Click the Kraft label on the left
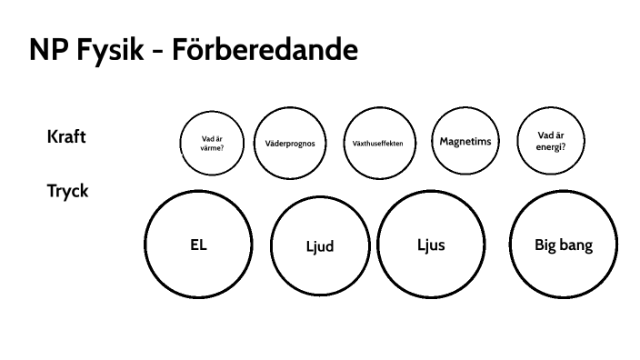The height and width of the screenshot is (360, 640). [66, 137]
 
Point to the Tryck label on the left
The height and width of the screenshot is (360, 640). [67, 192]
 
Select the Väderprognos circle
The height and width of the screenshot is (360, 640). [290, 142]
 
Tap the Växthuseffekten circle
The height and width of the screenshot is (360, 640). [378, 143]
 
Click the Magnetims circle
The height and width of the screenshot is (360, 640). [465, 141]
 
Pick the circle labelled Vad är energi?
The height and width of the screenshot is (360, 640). [551, 140]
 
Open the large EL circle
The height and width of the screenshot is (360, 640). [198, 243]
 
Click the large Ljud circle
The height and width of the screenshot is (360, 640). [319, 246]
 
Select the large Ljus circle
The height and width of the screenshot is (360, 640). [431, 245]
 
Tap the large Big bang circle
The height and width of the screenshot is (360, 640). [564, 245]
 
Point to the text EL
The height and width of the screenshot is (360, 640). [198, 244]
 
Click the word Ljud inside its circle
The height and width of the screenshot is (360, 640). [319, 247]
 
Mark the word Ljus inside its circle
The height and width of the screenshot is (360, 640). [431, 245]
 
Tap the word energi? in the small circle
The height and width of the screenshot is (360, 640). [551, 145]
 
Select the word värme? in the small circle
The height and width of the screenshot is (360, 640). [213, 147]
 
